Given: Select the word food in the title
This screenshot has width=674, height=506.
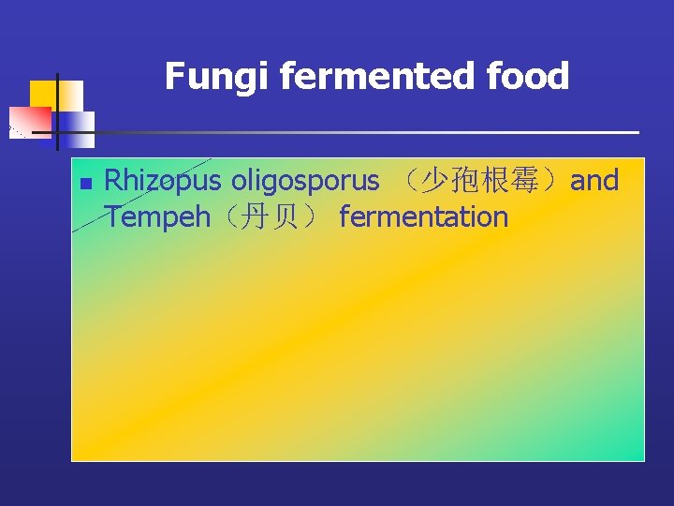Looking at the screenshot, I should pyautogui.click(x=534, y=77).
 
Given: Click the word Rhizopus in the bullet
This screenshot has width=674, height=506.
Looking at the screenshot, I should pyautogui.click(x=163, y=181).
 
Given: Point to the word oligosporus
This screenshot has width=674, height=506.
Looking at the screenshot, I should pyautogui.click(x=306, y=181).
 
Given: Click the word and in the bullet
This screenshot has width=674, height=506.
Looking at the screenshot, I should pyautogui.click(x=594, y=180).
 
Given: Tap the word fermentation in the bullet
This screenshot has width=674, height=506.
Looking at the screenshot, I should pyautogui.click(x=423, y=217).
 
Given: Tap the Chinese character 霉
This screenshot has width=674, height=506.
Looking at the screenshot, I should pyautogui.click(x=541, y=180).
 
